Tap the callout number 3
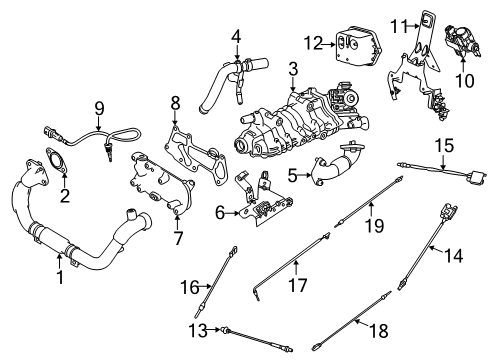(x=292, y=69)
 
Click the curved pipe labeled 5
(x=335, y=164)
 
